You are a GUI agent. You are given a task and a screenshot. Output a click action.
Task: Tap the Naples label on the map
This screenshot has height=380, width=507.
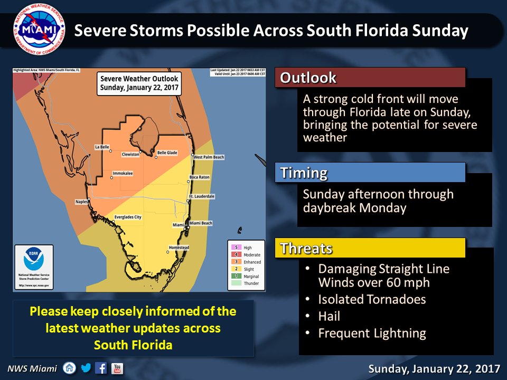(x=81, y=202)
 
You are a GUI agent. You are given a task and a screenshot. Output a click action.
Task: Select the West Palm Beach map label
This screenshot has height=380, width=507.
(x=209, y=157)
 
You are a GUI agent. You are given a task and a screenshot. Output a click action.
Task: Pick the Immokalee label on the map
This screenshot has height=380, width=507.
(x=123, y=174)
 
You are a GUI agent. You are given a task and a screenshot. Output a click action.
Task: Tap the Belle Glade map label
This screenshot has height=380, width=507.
(x=167, y=153)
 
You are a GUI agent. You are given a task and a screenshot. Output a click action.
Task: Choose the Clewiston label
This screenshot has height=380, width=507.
(x=130, y=154)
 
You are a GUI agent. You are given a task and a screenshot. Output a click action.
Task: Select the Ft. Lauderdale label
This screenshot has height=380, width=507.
(x=202, y=196)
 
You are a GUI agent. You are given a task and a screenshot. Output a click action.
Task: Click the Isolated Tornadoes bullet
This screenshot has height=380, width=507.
(x=371, y=300)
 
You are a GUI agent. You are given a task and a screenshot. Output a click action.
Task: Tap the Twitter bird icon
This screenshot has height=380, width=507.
(x=86, y=368)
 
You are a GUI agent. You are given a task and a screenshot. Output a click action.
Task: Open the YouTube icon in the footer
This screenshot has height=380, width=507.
(x=117, y=368)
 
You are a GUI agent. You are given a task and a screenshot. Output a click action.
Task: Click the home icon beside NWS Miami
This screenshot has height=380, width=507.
(x=69, y=368)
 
